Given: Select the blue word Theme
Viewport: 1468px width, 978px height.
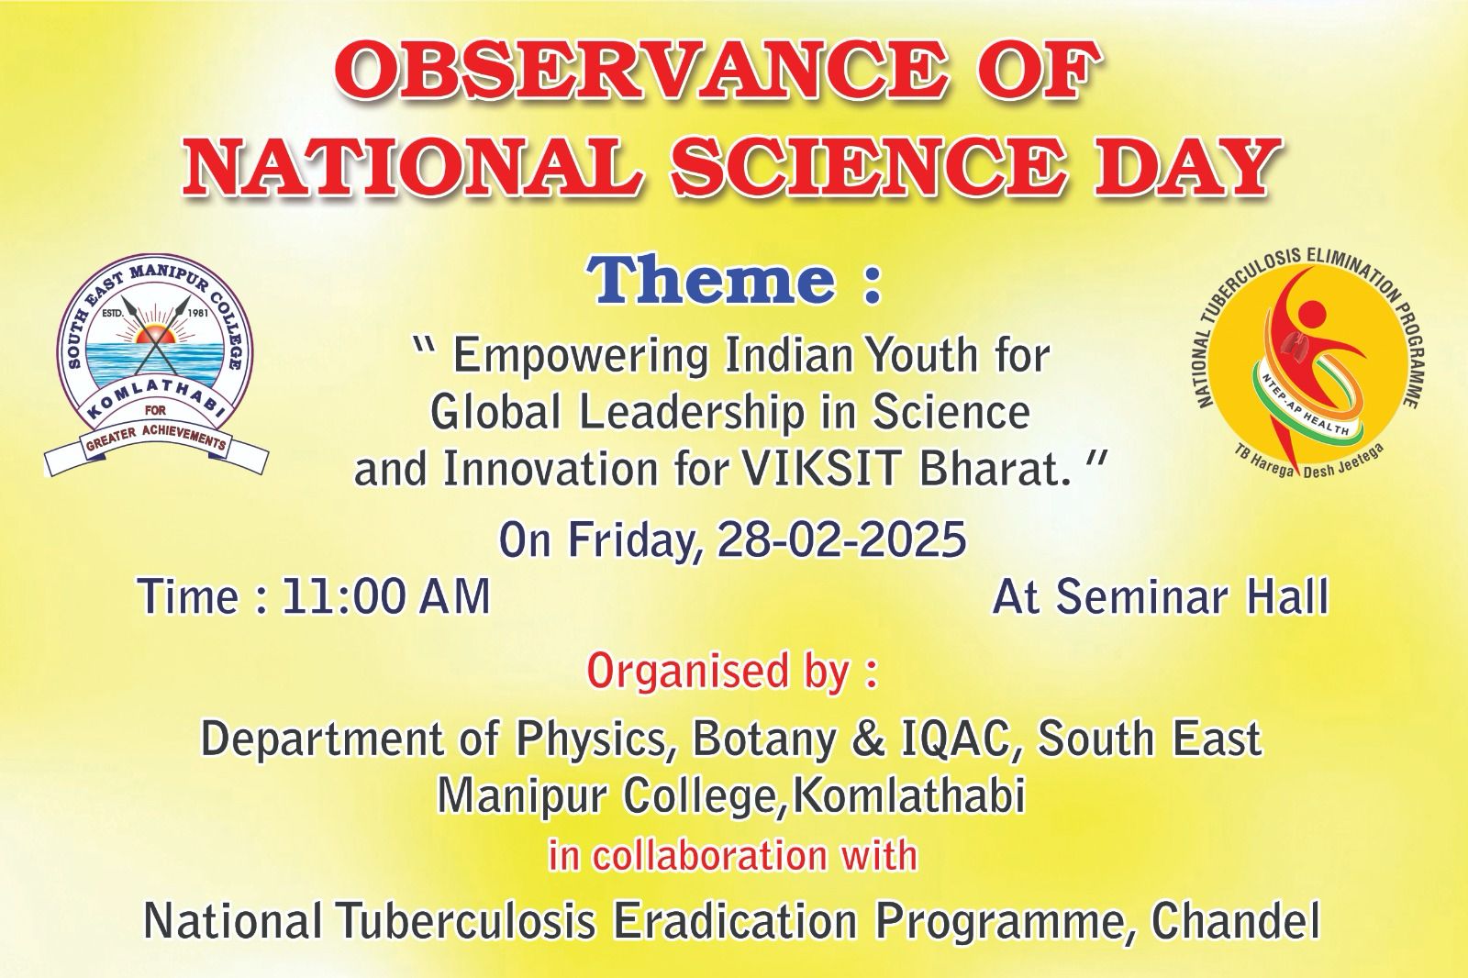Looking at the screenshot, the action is pyautogui.click(x=710, y=281).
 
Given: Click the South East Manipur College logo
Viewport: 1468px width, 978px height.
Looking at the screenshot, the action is pyautogui.click(x=156, y=363).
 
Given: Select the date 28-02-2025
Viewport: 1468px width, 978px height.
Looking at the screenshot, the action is pyautogui.click(x=841, y=539).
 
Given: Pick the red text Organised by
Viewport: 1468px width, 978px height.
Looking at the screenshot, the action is pyautogui.click(x=731, y=672).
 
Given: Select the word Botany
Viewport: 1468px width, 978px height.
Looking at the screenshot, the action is pyautogui.click(x=764, y=739).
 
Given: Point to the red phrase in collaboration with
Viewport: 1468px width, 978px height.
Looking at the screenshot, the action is pyautogui.click(x=733, y=855).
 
